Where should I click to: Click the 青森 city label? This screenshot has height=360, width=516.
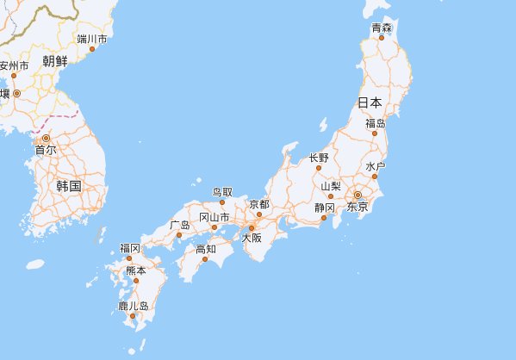click(382, 28)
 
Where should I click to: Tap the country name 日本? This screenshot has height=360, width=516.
click(370, 102)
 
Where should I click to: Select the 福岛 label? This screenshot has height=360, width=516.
click(375, 124)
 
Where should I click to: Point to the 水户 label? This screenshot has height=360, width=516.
click(375, 166)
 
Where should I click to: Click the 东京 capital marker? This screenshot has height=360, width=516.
click(357, 196)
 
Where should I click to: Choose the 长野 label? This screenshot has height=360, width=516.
click(319, 158)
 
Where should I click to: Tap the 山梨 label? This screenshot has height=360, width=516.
click(331, 186)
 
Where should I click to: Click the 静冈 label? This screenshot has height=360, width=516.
click(324, 208)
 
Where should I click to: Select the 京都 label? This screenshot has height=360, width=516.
click(259, 204)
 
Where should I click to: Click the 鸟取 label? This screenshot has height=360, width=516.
click(222, 192)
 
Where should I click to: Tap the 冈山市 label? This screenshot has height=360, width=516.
click(214, 217)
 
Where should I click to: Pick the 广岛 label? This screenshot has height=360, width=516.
click(180, 225)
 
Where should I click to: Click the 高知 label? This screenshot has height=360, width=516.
click(206, 249)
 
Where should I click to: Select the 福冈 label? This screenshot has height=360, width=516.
click(130, 248)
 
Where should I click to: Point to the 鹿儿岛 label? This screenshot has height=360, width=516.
click(134, 306)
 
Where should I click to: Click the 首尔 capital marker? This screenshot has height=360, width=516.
click(47, 137)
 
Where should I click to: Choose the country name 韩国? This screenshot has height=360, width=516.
click(68, 186)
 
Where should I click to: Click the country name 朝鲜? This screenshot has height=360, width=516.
click(54, 60)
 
